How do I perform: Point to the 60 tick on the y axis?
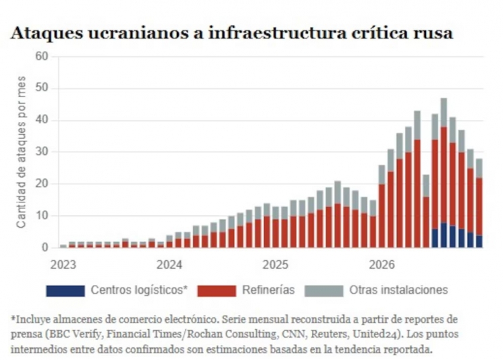click(42, 56)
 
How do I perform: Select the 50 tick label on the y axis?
click(42, 88)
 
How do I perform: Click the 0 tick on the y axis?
click(44, 247)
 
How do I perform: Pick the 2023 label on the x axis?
click(63, 265)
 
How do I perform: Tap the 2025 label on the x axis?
click(275, 265)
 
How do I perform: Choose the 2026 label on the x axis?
click(382, 265)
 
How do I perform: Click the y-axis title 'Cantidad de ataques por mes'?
click(21, 152)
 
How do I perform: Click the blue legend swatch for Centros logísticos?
click(66, 290)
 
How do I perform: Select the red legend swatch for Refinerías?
click(217, 290)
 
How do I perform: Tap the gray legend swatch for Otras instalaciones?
click(324, 290)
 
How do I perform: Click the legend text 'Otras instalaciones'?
click(398, 290)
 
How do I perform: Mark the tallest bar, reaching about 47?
click(444, 173)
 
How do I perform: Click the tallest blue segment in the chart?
click(444, 235)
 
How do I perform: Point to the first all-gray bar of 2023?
click(64, 246)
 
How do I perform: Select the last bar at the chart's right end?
click(479, 203)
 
